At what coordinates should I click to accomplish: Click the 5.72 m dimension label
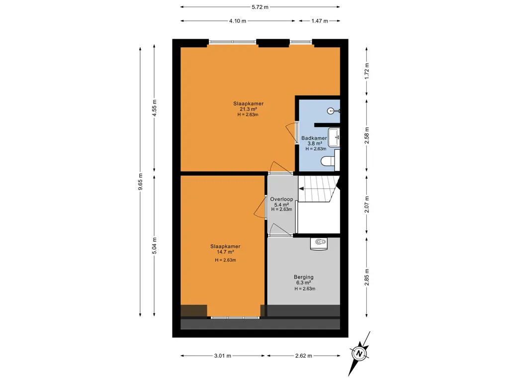260,7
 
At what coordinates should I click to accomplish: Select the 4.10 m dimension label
238,21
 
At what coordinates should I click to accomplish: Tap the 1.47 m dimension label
319,21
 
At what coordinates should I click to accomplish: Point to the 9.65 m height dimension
141,182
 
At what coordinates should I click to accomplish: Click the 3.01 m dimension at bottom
223,356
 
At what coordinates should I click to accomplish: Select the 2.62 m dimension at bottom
303,356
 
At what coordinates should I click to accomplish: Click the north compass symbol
359,353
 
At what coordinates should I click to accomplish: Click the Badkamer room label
314,138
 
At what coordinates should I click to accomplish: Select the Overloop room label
281,199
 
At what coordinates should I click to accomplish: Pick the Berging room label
303,277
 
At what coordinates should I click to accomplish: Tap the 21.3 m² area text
248,109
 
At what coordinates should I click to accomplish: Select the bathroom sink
336,136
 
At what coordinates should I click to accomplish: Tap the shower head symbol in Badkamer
332,111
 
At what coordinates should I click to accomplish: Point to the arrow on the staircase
302,189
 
